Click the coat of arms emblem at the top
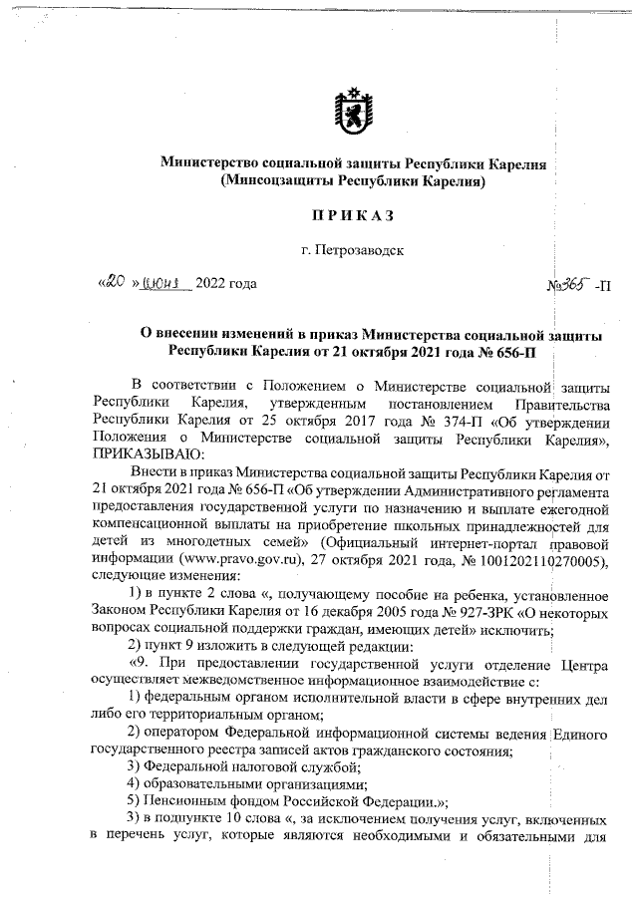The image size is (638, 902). [x=353, y=112]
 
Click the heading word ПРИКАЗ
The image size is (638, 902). [x=352, y=215]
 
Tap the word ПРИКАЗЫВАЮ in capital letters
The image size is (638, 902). [x=141, y=452]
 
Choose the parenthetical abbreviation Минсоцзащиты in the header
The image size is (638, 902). [x=269, y=181]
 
